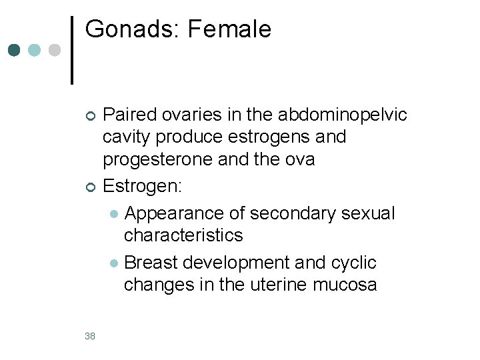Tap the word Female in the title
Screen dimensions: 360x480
[x=230, y=29]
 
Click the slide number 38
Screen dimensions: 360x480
[x=90, y=336]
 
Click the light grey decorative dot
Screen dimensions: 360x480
[x=55, y=51]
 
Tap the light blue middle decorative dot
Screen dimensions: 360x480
[x=35, y=51]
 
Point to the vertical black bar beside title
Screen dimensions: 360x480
[x=72, y=50]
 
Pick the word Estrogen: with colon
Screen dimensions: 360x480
[x=141, y=186]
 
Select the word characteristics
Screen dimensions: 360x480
[x=183, y=235]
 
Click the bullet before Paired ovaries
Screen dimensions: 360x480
[x=91, y=116]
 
